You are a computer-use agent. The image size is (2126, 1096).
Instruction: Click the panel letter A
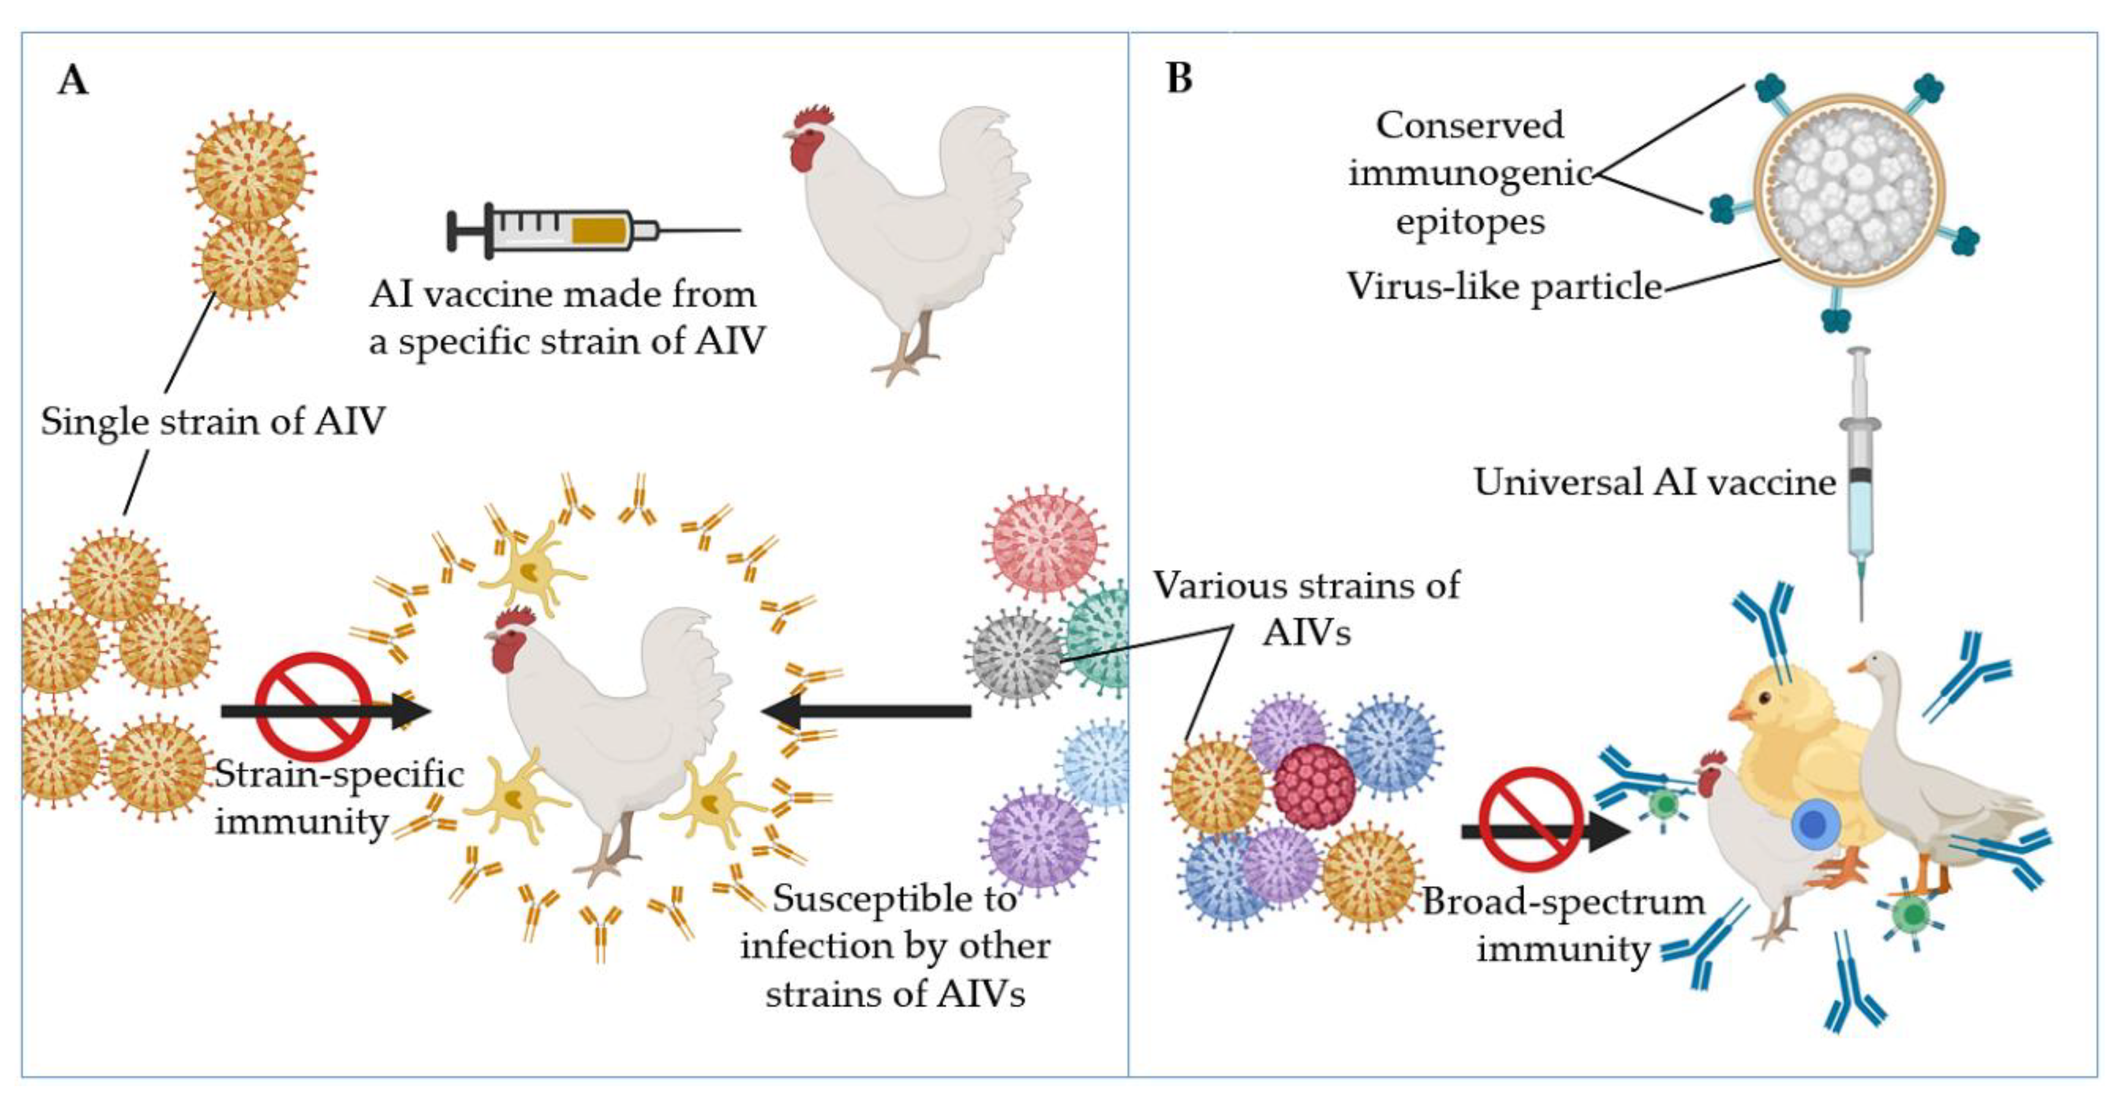tap(72, 81)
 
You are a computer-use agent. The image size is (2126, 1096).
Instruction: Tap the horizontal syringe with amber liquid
tap(578, 230)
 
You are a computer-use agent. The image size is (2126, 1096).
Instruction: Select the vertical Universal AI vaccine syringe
tap(1860, 478)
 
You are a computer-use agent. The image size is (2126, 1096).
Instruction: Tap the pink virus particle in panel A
tap(1044, 543)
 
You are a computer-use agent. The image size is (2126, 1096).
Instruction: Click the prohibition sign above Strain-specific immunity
tap(313, 707)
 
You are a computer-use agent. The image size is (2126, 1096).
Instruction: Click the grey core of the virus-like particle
tap(1849, 190)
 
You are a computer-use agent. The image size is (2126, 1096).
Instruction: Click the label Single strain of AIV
tap(213, 422)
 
